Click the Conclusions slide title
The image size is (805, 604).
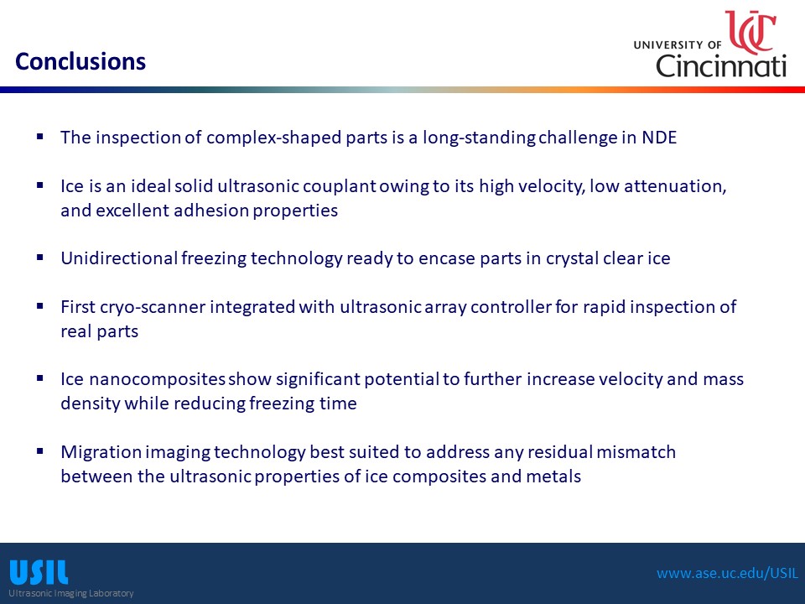pos(80,61)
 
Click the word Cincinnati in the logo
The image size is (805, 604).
pos(721,66)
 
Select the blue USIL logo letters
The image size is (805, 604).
pos(39,573)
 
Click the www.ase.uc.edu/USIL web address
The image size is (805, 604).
pos(728,573)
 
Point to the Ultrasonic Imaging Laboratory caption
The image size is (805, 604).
pos(70,593)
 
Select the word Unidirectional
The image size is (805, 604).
pos(119,258)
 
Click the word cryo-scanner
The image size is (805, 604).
pos(153,307)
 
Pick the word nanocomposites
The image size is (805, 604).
pos(157,379)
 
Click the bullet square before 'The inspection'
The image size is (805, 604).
pos(40,137)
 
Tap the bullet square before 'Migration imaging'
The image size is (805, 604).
pos(40,451)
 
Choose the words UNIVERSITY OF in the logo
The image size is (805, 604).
pos(678,45)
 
